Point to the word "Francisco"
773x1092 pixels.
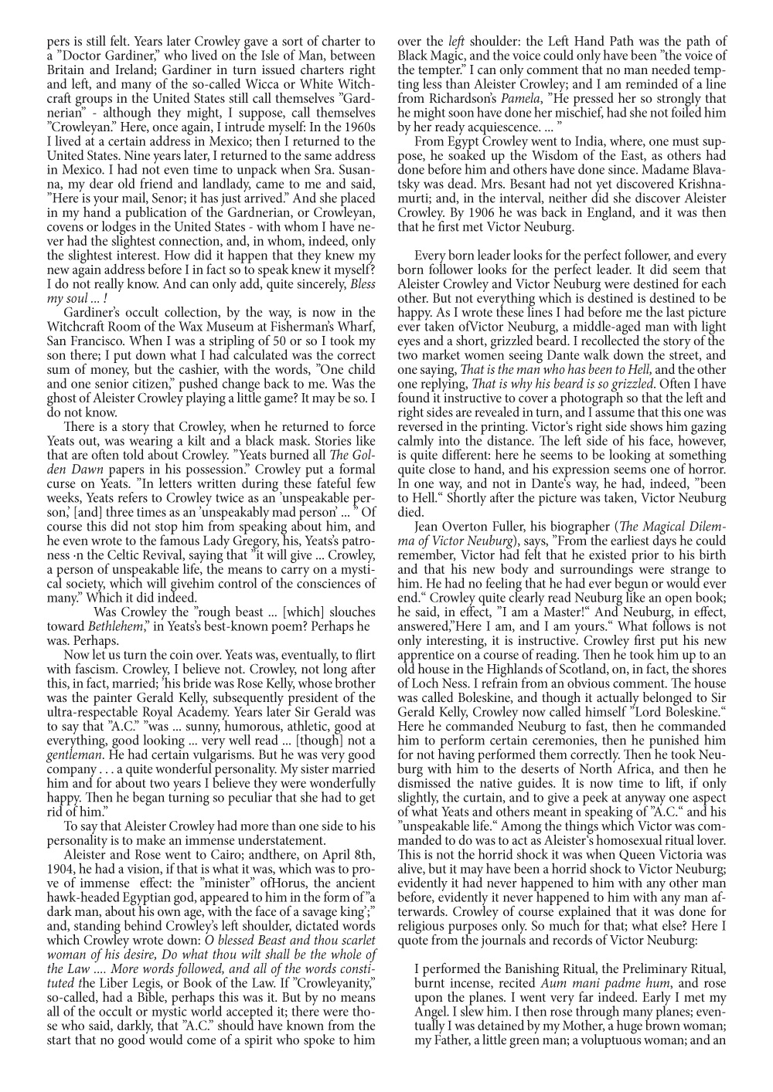[84, 340]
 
